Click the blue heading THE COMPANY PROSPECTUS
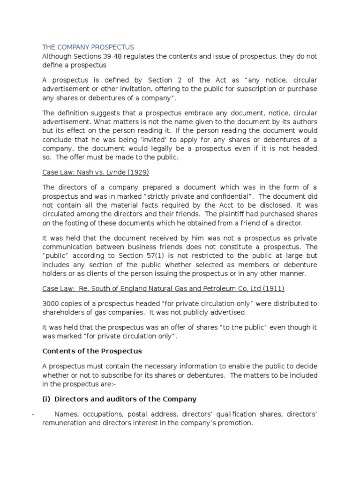[88, 47]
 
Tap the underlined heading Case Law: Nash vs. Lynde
[96, 172]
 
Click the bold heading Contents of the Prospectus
[92, 351]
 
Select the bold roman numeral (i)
[47, 399]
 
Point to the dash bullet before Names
[33, 414]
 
